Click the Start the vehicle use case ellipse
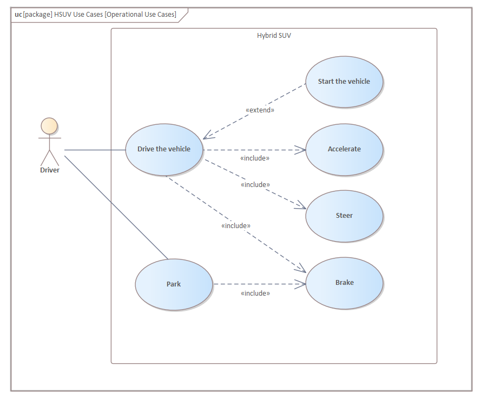pos(344,82)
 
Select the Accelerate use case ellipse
pos(344,149)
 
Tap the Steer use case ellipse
pos(344,216)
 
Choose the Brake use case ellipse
pos(344,283)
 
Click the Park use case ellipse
pos(174,284)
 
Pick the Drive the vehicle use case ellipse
pos(164,149)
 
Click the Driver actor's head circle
pos(49,125)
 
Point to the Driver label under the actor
pos(49,170)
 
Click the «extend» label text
pos(260,110)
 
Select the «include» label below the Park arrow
pos(255,293)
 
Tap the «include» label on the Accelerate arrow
pos(254,158)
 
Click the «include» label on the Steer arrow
pos(255,184)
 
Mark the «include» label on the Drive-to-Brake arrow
pos(236,225)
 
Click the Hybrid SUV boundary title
pos(274,36)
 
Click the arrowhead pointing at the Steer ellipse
pos(301,206)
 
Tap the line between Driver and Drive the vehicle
pos(95,150)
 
